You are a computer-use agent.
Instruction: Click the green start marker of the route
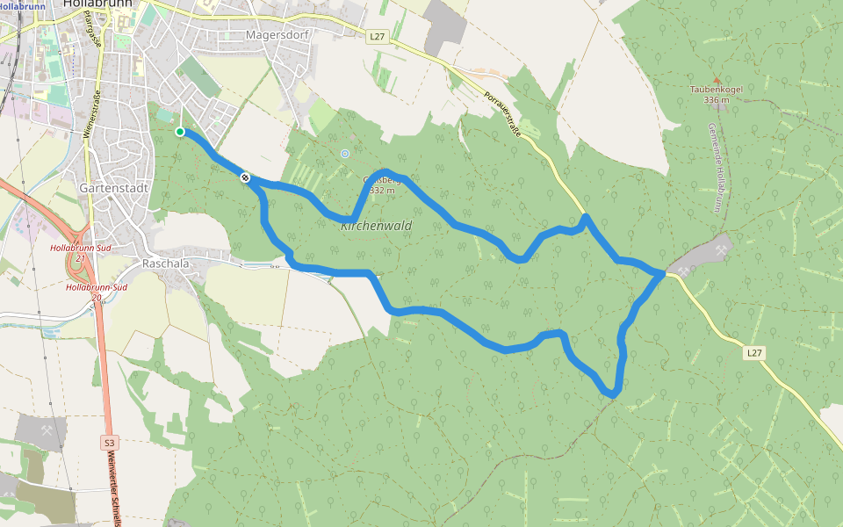pyautogui.click(x=180, y=132)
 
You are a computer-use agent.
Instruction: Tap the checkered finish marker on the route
pyautogui.click(x=246, y=177)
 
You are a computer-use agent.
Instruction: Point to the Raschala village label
pyautogui.click(x=167, y=263)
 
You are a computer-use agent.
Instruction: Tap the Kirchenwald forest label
pyautogui.click(x=376, y=226)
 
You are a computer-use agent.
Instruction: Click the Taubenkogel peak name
pyautogui.click(x=717, y=90)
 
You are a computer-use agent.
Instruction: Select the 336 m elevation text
pyautogui.click(x=717, y=100)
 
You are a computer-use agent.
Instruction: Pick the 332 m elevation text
pyautogui.click(x=383, y=190)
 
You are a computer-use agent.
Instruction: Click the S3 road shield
pyautogui.click(x=109, y=443)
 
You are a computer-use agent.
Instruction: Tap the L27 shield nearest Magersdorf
pyautogui.click(x=377, y=36)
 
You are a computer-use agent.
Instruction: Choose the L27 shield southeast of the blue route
pyautogui.click(x=753, y=353)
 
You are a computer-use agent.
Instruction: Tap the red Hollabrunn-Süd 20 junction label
pyautogui.click(x=96, y=292)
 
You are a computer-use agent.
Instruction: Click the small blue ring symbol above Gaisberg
pyautogui.click(x=345, y=154)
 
